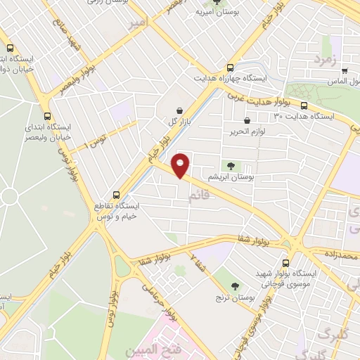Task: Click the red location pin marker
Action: pyautogui.click(x=181, y=165)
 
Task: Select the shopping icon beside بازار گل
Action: pyautogui.click(x=181, y=110)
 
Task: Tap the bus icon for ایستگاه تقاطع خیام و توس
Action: pyautogui.click(x=117, y=195)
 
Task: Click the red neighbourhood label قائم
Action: pyautogui.click(x=199, y=198)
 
